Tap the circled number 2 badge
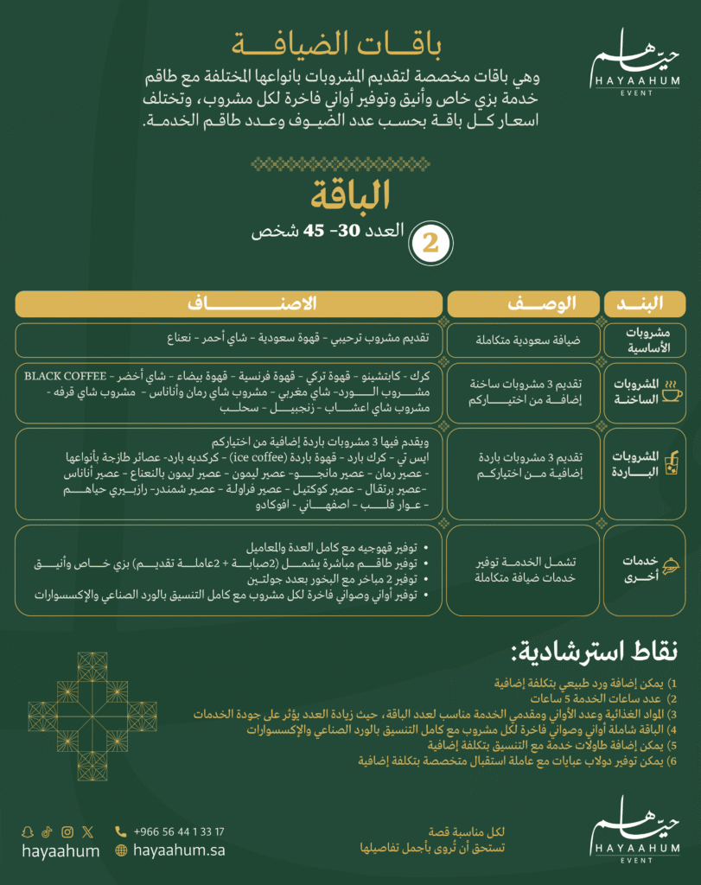(430, 243)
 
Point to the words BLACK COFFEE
(66, 376)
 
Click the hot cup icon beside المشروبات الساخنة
(671, 395)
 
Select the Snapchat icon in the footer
(28, 832)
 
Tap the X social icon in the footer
(87, 832)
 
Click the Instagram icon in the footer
(67, 832)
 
